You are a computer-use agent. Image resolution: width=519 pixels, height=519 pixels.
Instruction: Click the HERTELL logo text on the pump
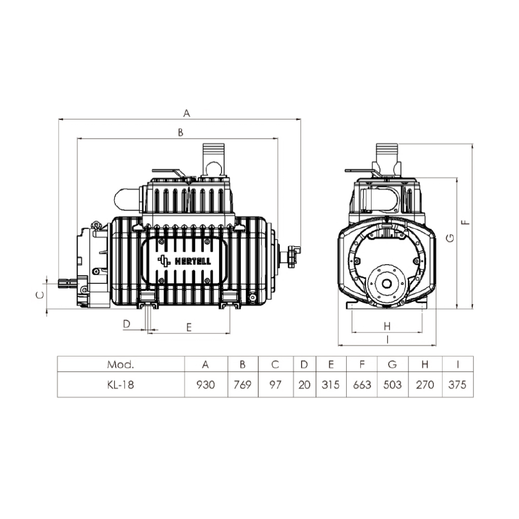pyautogui.click(x=193, y=261)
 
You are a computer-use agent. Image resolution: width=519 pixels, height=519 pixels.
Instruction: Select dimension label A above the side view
pyautogui.click(x=187, y=113)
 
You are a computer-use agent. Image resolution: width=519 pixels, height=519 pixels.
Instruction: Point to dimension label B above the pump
pyautogui.click(x=181, y=132)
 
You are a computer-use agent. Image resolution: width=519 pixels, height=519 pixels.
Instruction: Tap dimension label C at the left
pyautogui.click(x=40, y=295)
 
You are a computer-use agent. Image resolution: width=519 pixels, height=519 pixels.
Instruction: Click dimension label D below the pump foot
pyautogui.click(x=127, y=324)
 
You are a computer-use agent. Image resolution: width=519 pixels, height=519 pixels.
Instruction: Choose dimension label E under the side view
pyautogui.click(x=189, y=327)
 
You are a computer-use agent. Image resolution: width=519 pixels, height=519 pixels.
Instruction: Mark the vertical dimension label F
pyautogui.click(x=466, y=222)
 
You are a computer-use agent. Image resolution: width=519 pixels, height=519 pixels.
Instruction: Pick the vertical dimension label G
pyautogui.click(x=450, y=238)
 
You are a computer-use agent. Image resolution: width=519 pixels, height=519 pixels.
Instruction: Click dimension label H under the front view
pyautogui.click(x=387, y=326)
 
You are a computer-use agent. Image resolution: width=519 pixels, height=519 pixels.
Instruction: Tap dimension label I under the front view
pyautogui.click(x=387, y=339)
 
